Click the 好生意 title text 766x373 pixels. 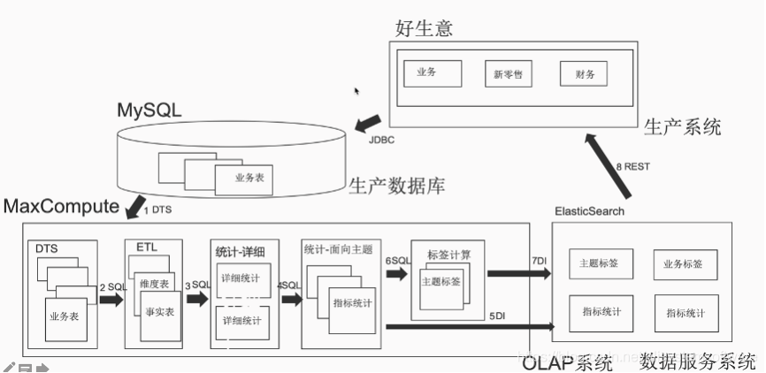pos(424,28)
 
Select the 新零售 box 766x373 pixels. pos(508,73)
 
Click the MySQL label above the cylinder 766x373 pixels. pos(149,110)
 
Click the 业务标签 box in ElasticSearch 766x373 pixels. pos(685,263)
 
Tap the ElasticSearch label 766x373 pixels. pos(589,211)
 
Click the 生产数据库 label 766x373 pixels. pos(396,186)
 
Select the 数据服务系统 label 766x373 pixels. pos(698,361)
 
